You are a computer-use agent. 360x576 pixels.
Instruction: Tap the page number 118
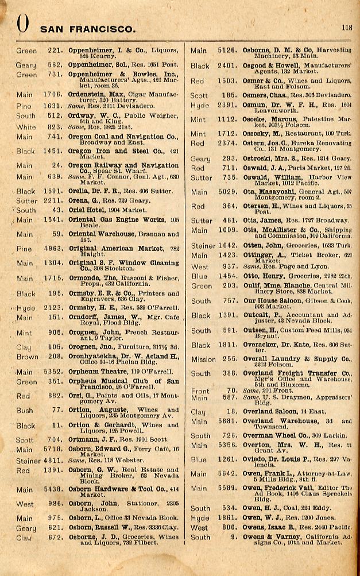tap(347, 27)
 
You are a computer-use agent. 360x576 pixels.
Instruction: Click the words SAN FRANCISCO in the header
tap(88, 29)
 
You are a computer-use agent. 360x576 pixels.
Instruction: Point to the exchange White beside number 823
tap(25, 127)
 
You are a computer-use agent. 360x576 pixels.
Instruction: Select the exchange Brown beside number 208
tap(27, 357)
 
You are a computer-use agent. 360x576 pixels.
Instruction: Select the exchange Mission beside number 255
tap(203, 359)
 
